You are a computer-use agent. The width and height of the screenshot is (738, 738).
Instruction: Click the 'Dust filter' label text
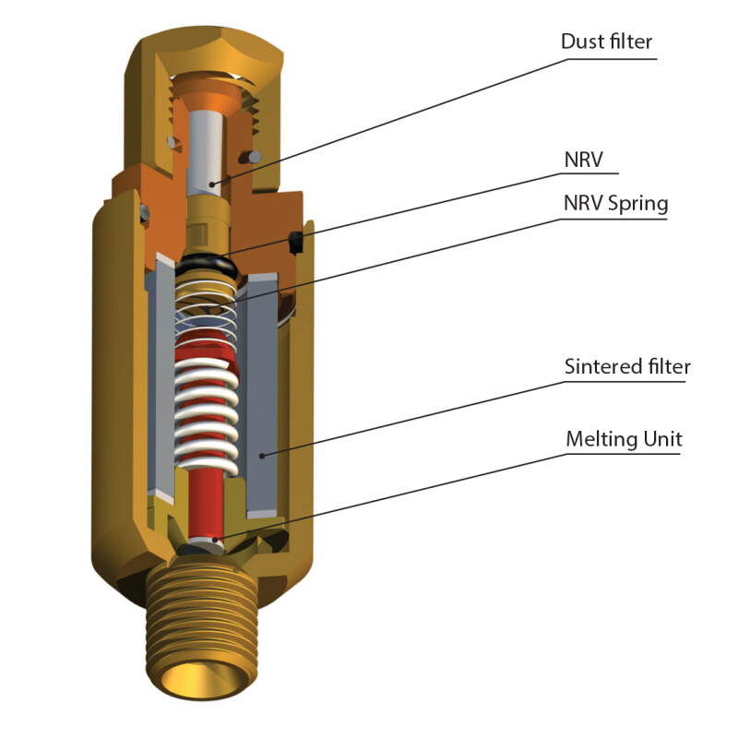(607, 42)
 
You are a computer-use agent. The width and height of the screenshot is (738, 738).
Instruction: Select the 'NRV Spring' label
(614, 203)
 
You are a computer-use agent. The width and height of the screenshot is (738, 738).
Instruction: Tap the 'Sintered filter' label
(626, 366)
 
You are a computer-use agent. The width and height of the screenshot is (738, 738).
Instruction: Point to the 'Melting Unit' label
(624, 439)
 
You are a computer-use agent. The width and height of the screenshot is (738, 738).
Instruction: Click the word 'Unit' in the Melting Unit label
(661, 439)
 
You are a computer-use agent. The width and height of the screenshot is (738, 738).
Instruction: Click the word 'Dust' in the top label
(582, 42)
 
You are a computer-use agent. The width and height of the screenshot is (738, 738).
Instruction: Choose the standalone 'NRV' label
(583, 159)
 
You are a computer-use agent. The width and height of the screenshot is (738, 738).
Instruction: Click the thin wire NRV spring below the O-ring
(208, 314)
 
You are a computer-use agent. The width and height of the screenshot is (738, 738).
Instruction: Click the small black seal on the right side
(297, 242)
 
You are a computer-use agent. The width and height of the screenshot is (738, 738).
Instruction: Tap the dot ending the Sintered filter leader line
(264, 455)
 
